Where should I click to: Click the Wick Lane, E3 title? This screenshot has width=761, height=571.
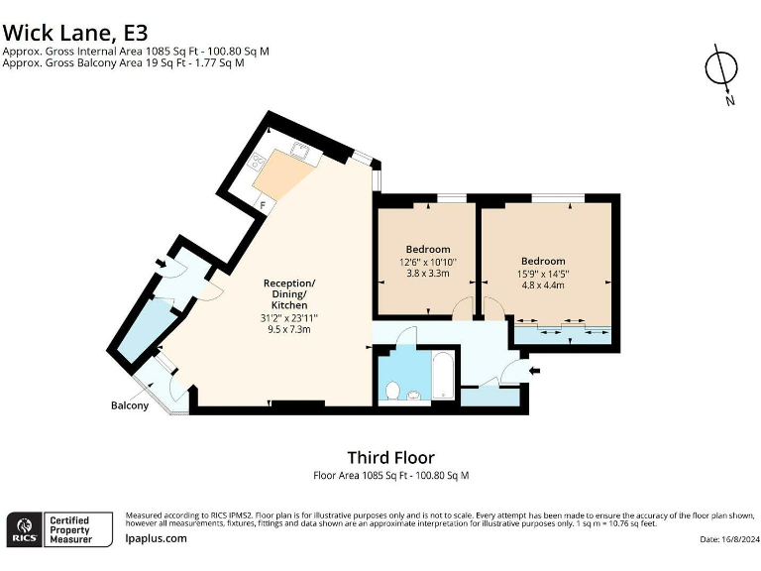coord(74,33)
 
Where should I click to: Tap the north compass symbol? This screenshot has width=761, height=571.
coord(721,73)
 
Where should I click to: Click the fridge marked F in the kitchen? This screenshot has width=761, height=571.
coord(263,205)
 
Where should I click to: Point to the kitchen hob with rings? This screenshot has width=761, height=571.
coord(256,161)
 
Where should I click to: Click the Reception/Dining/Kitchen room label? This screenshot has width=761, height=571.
coord(289,293)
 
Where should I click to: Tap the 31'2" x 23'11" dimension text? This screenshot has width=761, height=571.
coord(289,318)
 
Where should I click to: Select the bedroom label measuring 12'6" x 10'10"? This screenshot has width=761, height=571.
coord(428,249)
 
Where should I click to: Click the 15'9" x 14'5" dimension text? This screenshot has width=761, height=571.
coord(543,274)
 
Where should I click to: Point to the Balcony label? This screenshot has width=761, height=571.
coord(130,405)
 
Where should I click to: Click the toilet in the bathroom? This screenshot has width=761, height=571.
coord(392,391)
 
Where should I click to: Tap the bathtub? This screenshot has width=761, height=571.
coord(444,376)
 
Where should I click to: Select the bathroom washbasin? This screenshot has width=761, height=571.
coord(413,396)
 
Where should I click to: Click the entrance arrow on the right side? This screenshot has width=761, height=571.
coord(534,371)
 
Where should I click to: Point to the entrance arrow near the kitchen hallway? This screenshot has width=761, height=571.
coord(161,264)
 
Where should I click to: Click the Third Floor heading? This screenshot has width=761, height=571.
coord(391,457)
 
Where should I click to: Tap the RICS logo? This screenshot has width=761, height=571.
coord(24,529)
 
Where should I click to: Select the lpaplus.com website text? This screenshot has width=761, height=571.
coord(156,538)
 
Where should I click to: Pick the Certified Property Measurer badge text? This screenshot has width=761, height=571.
coord(71,529)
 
